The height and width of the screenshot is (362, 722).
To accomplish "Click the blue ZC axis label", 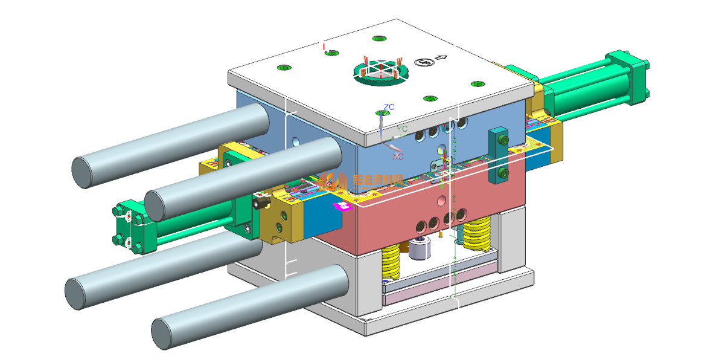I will click(389, 107).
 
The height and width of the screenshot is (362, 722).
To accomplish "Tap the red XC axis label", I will click(398, 156).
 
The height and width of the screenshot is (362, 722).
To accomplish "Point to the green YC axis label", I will click(402, 129).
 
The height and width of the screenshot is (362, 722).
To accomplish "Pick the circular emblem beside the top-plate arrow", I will click(424, 62).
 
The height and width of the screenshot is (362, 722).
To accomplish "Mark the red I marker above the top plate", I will click(324, 47).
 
